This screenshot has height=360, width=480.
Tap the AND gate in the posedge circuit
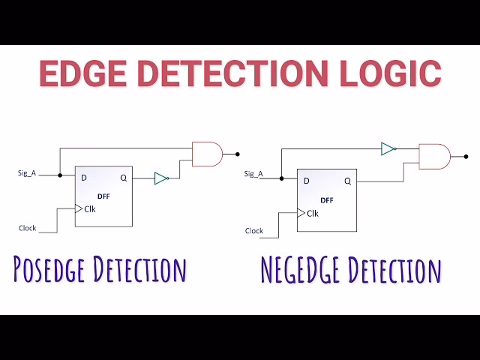point(207,154)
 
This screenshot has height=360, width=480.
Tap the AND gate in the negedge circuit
point(433,157)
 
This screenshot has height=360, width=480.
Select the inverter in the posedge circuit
point(161,178)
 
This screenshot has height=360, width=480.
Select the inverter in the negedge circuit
point(388,148)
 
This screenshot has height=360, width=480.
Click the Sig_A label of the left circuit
point(28,172)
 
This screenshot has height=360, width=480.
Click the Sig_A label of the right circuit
point(254,174)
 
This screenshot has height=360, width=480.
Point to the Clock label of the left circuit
point(28,227)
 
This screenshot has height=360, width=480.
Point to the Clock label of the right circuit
point(254,231)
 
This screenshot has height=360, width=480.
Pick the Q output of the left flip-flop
point(123,178)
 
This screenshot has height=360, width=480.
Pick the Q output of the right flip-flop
point(347,181)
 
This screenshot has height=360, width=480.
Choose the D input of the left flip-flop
point(83,178)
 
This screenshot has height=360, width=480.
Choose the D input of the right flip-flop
point(306,181)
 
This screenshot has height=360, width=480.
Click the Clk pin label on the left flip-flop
point(90,209)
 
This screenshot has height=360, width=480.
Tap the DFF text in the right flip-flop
point(327,200)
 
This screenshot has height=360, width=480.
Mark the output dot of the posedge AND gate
point(238,154)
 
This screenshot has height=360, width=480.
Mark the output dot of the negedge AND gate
point(466,157)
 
